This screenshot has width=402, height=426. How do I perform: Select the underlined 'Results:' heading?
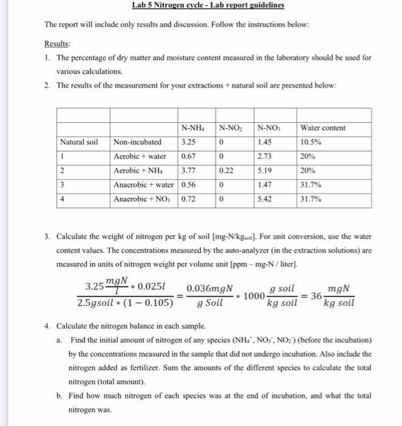coord(57,44)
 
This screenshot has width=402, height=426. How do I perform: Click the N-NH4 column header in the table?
coord(192,128)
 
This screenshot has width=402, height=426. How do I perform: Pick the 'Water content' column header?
coord(323,128)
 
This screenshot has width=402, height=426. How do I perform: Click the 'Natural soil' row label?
coord(79,142)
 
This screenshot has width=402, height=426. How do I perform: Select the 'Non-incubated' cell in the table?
coord(138,142)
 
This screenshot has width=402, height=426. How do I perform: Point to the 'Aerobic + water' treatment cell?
coord(140,156)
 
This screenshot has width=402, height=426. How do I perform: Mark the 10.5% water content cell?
coord(311,142)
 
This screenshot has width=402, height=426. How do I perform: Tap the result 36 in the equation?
coord(316,296)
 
